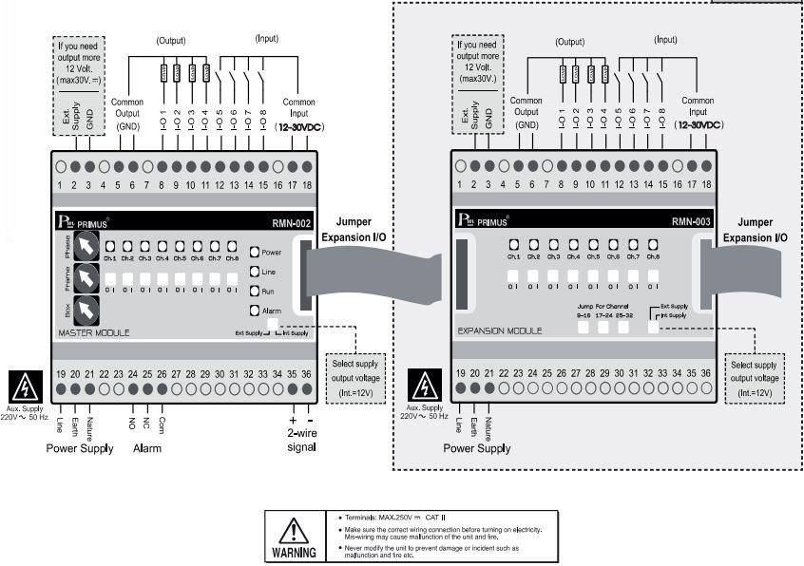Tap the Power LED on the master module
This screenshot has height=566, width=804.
pos(254,253)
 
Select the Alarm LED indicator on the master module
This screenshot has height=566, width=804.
pos(254,310)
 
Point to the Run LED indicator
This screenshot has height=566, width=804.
pos(254,291)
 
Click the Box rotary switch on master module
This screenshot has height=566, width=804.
pos(87,310)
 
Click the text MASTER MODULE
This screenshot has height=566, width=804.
pos(94,332)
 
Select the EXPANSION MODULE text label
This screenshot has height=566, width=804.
pos(500,331)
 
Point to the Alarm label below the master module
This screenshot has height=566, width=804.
pos(147,448)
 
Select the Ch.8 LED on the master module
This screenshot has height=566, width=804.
pos(231,245)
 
